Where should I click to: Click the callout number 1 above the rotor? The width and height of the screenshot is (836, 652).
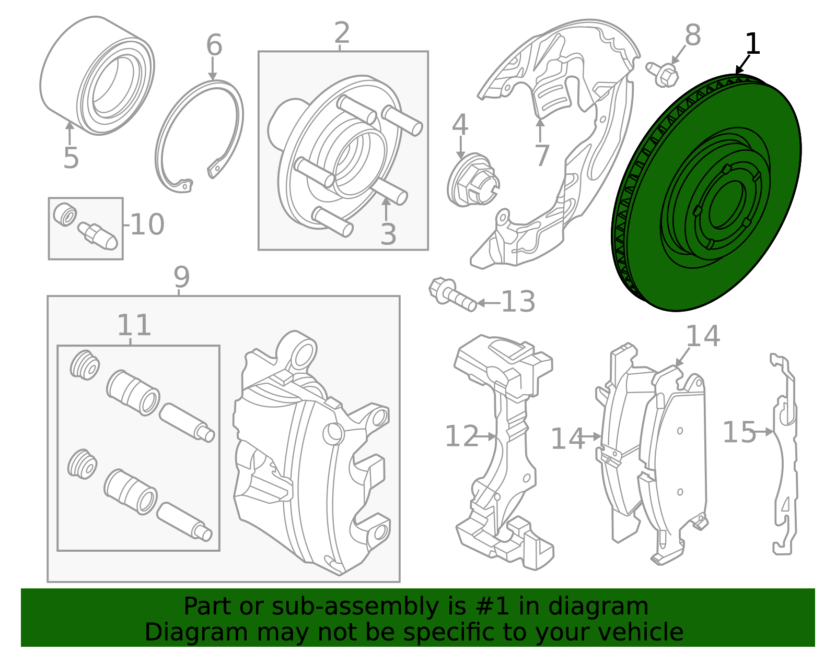coord(752,44)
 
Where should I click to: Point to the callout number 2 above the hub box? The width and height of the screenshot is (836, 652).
coord(342,33)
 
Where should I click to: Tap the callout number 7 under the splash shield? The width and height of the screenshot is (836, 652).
coord(542,155)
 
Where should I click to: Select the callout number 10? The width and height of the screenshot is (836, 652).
coord(147,224)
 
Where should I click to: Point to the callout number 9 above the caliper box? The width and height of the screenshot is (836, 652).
coord(181,277)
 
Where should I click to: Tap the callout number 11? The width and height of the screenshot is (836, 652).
coord(134,325)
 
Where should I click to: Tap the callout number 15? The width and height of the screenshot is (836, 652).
coord(739,432)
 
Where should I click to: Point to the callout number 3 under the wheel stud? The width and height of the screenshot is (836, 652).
coord(388,234)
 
